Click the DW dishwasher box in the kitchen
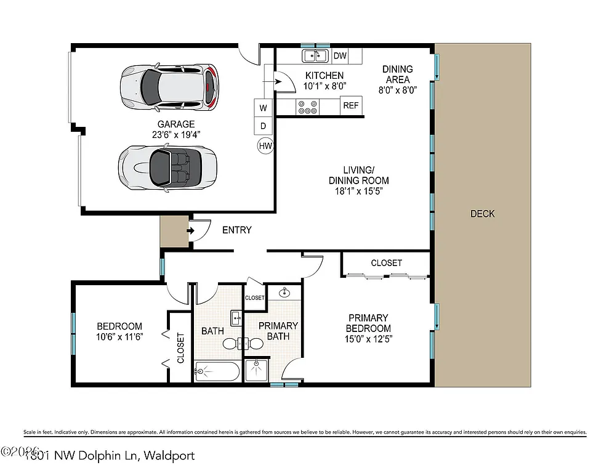(340, 56)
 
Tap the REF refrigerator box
(350, 105)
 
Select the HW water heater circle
(265, 146)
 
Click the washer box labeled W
(264, 108)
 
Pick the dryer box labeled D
(264, 126)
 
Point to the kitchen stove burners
(308, 107)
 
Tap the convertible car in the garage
(167, 166)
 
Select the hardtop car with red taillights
(169, 87)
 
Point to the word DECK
(482, 214)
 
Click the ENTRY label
(236, 230)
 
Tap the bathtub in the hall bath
(216, 371)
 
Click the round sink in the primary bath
(284, 293)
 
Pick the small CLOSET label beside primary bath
(254, 297)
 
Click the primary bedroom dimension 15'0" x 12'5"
(368, 338)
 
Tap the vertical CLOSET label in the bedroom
(180, 348)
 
